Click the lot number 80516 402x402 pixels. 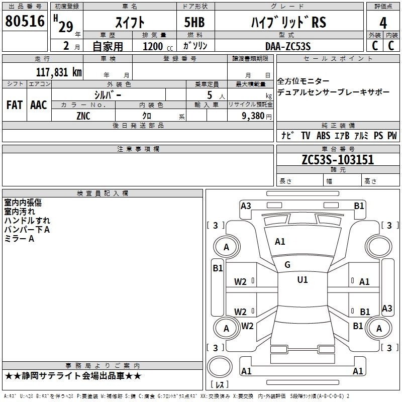(x=25, y=21)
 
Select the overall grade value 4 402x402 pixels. (x=383, y=23)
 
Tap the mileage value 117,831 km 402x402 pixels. (x=59, y=72)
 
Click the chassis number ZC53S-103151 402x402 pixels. (x=338, y=160)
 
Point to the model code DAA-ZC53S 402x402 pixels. (x=288, y=46)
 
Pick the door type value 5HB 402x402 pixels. (x=194, y=22)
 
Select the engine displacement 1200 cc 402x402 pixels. (x=158, y=46)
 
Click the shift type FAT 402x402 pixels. (x=15, y=105)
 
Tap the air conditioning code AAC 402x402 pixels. (x=39, y=105)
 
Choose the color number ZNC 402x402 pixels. (x=83, y=116)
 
